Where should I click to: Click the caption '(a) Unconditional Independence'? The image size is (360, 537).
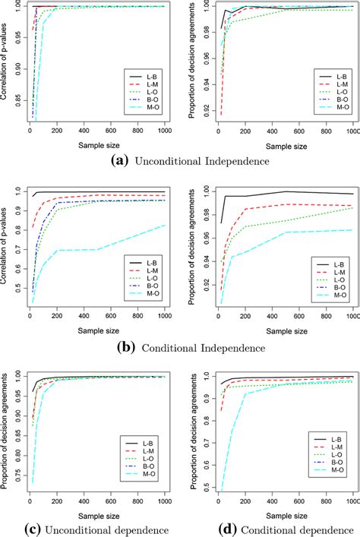(181, 161)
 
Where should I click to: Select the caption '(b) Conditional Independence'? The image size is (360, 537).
(181, 347)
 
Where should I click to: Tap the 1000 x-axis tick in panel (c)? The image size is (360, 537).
(164, 502)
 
